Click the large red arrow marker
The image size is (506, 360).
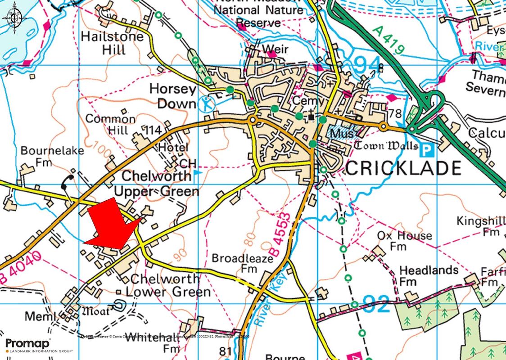click(113, 225)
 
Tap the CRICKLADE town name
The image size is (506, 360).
click(403, 168)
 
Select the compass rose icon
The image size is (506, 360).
click(14, 18)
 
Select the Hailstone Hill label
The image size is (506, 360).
click(112, 43)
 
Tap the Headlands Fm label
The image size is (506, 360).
click(429, 276)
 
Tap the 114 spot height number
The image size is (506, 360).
click(153, 130)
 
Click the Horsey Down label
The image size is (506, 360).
click(173, 96)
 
